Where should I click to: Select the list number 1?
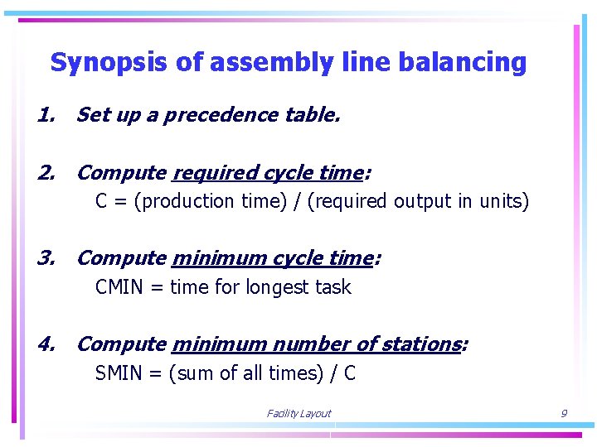click(x=46, y=115)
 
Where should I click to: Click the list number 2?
click(x=46, y=173)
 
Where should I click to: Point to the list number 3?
click(x=46, y=258)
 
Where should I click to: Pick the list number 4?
click(x=46, y=344)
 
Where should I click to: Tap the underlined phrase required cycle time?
click(x=267, y=173)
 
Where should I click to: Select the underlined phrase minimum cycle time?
click(x=272, y=258)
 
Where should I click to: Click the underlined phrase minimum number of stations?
click(x=316, y=344)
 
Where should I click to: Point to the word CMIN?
click(x=119, y=287)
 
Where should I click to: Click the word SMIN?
click(x=119, y=373)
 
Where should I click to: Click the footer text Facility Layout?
click(x=298, y=414)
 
